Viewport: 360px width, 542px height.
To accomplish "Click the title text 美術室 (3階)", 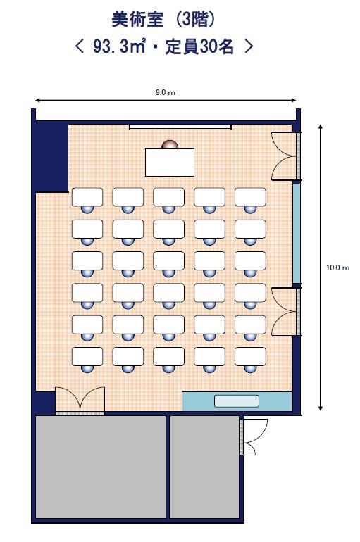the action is point(163,20).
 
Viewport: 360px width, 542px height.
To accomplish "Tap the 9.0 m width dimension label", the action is point(166,92).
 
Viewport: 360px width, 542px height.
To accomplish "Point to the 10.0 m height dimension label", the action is point(338,267).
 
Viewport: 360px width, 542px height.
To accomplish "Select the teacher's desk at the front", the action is point(170,162).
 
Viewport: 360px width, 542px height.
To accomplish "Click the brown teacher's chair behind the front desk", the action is point(170,144).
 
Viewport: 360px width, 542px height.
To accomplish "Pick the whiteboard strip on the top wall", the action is point(180,127).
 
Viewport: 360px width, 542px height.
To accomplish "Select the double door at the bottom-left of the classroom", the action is point(80,401).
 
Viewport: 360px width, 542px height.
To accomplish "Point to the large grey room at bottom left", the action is point(101,467).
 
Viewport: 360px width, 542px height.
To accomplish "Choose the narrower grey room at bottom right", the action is point(205,467).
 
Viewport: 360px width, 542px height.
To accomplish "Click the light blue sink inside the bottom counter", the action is point(237,401).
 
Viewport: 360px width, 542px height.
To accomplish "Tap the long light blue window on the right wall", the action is point(297,234).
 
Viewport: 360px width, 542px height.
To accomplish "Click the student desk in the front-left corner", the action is point(87,197).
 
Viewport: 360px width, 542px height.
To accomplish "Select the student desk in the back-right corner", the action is point(250,356).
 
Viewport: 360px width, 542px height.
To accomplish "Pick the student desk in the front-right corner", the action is point(250,197).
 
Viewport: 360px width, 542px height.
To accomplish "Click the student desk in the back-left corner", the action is point(87,356).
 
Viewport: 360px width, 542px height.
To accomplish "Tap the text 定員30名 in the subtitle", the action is point(199,47).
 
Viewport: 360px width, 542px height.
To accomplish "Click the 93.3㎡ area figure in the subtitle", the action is point(118,47).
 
